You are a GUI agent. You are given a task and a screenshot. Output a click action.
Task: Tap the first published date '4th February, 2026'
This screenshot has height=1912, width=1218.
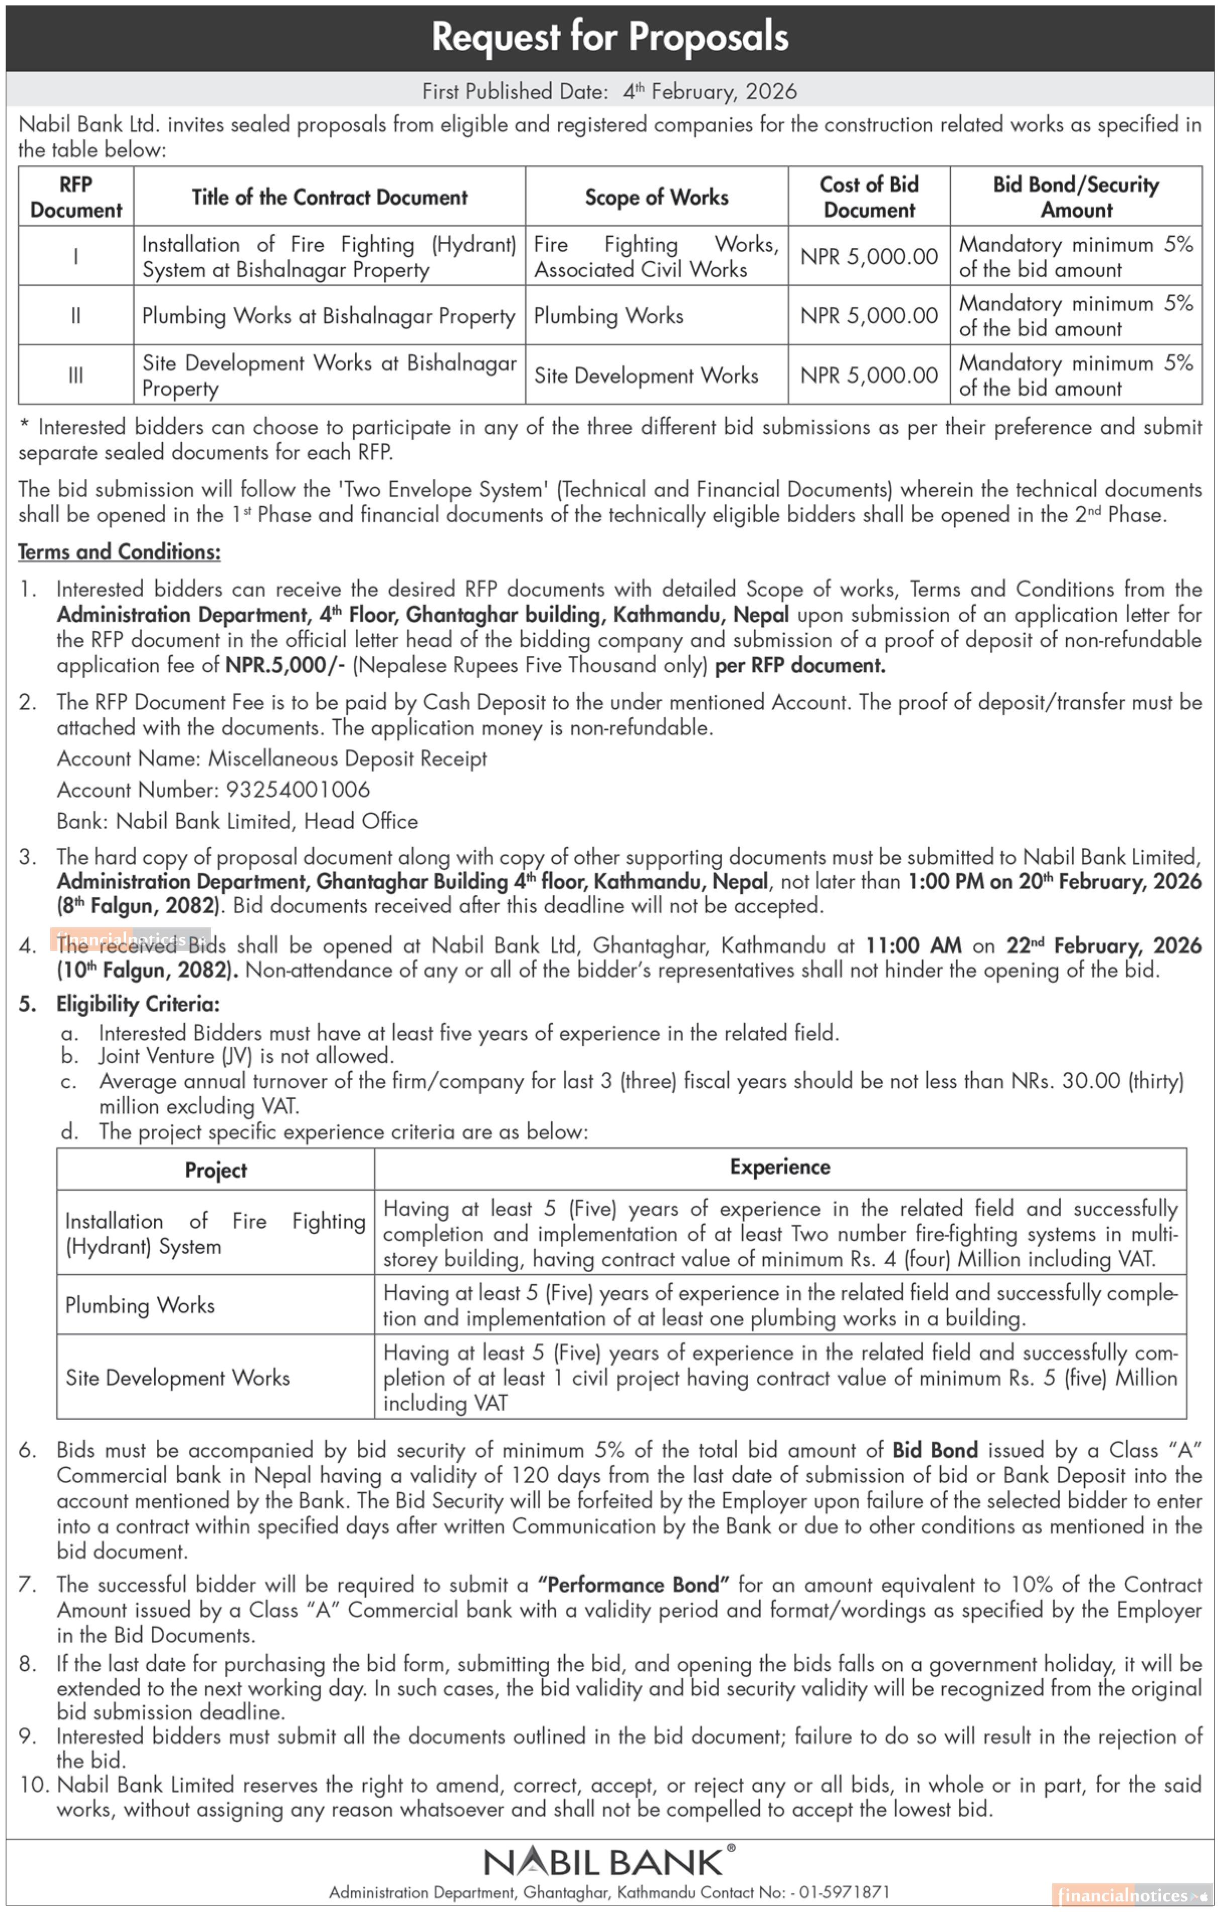point(709,91)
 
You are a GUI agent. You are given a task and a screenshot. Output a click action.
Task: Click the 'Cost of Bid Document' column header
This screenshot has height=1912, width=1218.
point(869,197)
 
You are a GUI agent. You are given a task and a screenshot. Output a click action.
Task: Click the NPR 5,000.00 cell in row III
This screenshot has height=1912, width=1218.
point(869,375)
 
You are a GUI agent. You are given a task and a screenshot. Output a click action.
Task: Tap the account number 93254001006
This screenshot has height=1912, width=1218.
point(298,789)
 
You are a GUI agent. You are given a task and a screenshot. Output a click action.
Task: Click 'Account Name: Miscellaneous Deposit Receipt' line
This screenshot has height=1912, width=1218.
point(271,758)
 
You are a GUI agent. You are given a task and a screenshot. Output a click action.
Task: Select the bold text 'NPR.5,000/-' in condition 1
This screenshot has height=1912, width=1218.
point(285,665)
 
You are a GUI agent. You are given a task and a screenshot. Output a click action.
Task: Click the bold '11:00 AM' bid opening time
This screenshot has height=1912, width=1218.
point(913,945)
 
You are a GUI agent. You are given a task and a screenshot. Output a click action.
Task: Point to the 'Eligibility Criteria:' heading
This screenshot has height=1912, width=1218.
point(137,1004)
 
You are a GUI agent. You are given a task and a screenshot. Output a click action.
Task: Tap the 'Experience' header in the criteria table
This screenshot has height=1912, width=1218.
point(780,1167)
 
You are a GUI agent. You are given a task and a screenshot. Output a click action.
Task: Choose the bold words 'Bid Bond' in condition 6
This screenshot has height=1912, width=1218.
point(935,1450)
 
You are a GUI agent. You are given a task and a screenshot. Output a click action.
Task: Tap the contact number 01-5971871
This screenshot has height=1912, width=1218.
point(844,1892)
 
